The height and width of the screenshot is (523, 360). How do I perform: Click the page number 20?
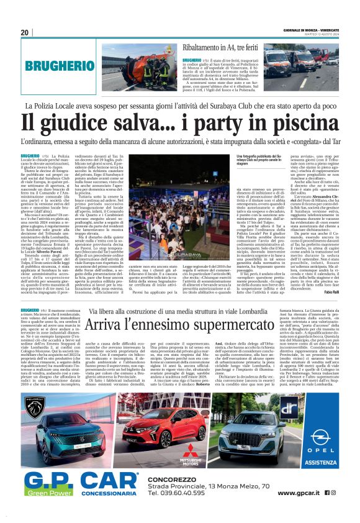tap(25, 32)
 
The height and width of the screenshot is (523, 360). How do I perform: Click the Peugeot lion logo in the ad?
tap(37, 408)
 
